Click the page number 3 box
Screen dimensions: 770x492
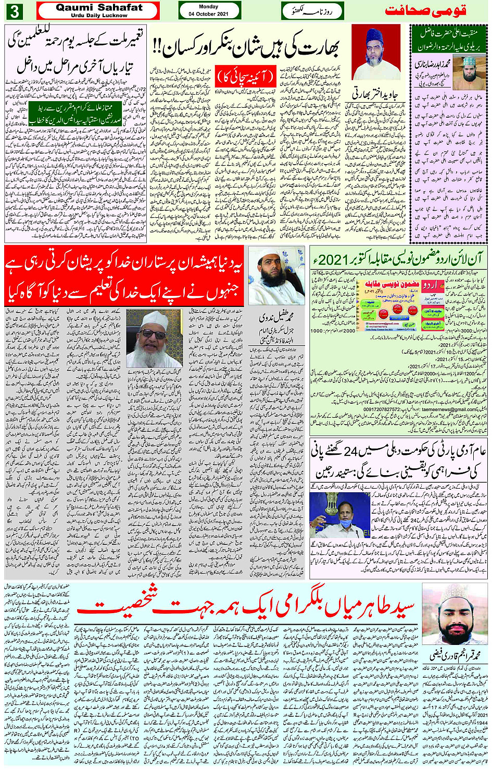click(x=14, y=11)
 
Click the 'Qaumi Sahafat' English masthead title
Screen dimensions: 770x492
click(x=99, y=7)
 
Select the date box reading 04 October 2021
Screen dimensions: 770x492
click(x=209, y=10)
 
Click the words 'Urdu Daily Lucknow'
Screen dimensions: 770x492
click(x=99, y=16)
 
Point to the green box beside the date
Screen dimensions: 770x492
click(x=312, y=10)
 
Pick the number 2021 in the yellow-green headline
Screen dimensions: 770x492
click(x=330, y=259)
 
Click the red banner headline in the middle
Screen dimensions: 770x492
click(x=125, y=276)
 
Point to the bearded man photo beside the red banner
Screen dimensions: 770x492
click(x=276, y=276)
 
